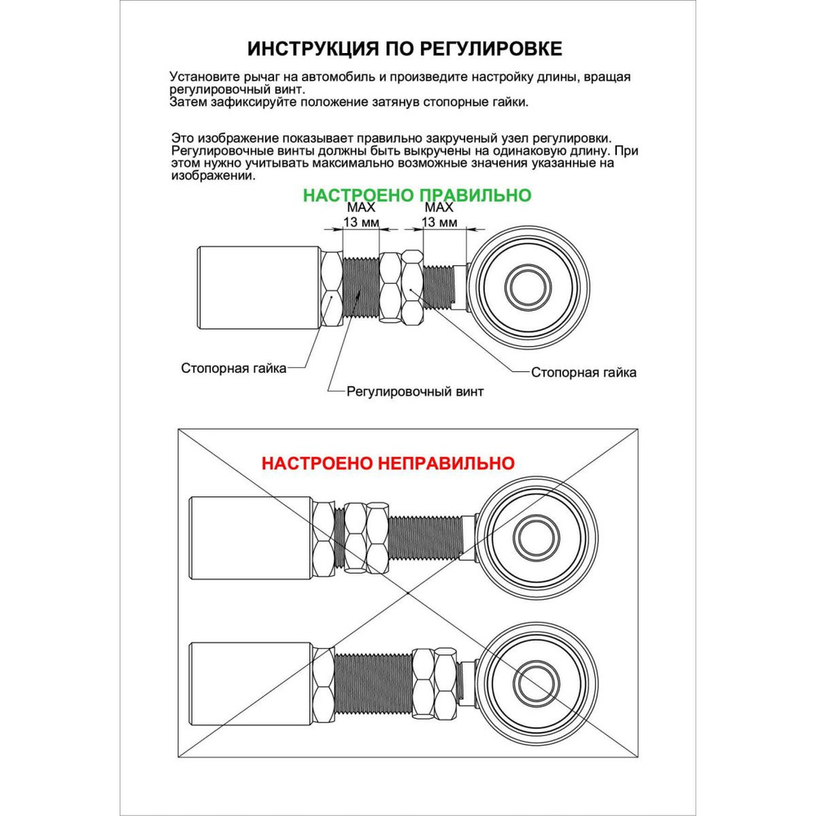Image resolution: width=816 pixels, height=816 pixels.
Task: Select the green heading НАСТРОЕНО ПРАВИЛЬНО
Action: (417, 196)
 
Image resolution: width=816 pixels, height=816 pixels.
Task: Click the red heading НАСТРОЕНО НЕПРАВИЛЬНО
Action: (388, 463)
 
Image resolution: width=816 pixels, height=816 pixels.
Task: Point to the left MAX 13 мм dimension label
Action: (360, 215)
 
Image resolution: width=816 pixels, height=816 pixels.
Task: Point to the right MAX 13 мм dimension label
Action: (441, 215)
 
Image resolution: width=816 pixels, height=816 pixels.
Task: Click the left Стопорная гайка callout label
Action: (233, 368)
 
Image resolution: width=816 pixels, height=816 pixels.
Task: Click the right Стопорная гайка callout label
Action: (583, 373)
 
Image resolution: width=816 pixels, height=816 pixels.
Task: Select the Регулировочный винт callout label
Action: (415, 391)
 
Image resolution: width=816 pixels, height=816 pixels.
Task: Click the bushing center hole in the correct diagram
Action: (526, 286)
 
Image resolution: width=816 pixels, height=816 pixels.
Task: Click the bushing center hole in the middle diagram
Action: (533, 536)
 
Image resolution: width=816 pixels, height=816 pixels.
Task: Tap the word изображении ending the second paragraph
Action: (214, 175)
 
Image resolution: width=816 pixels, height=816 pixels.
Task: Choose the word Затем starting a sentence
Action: (190, 102)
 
